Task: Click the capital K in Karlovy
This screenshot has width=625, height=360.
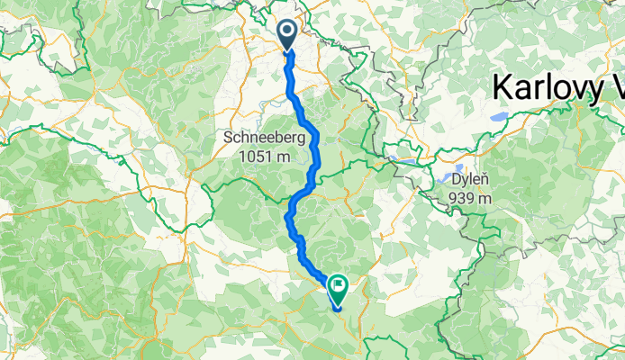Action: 501,89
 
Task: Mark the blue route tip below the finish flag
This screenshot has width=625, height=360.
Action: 337,309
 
